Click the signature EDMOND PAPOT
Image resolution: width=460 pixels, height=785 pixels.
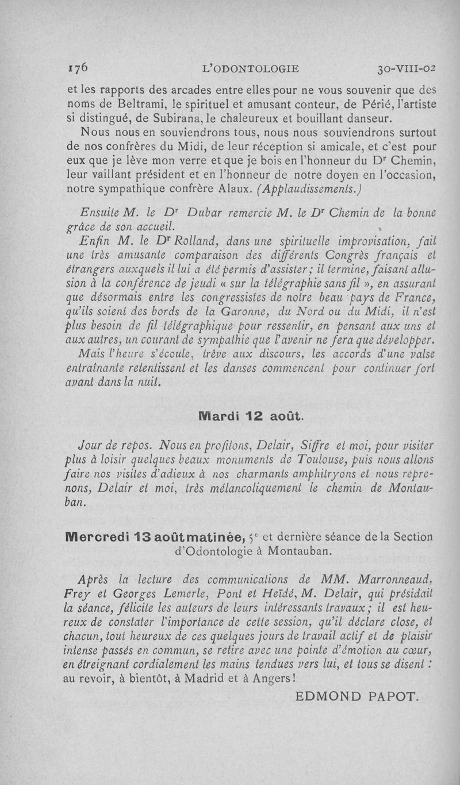coord(355,697)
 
